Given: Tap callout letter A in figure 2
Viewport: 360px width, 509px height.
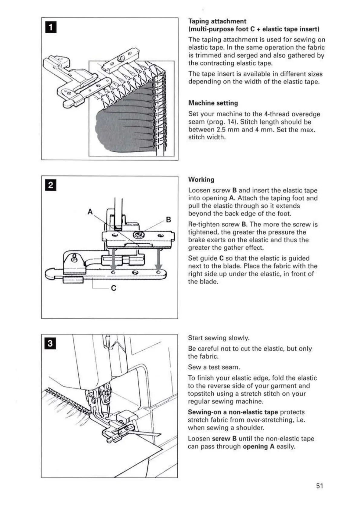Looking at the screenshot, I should [90, 212].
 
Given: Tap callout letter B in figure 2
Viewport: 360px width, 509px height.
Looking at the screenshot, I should [168, 220].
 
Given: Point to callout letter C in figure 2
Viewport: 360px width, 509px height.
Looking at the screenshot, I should [114, 288].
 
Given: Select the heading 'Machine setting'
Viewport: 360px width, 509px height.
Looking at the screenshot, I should [213, 103].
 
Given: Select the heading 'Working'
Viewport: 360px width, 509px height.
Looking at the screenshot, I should [201, 180].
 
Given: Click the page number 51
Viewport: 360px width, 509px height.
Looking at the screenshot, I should [320, 486].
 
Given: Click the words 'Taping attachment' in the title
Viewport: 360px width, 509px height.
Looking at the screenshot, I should [217, 21].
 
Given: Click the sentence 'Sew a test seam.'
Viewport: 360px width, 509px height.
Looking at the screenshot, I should [214, 367].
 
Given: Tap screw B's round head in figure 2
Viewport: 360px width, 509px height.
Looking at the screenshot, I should [139, 235].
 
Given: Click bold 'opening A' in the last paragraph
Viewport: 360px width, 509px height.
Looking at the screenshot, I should [258, 447].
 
